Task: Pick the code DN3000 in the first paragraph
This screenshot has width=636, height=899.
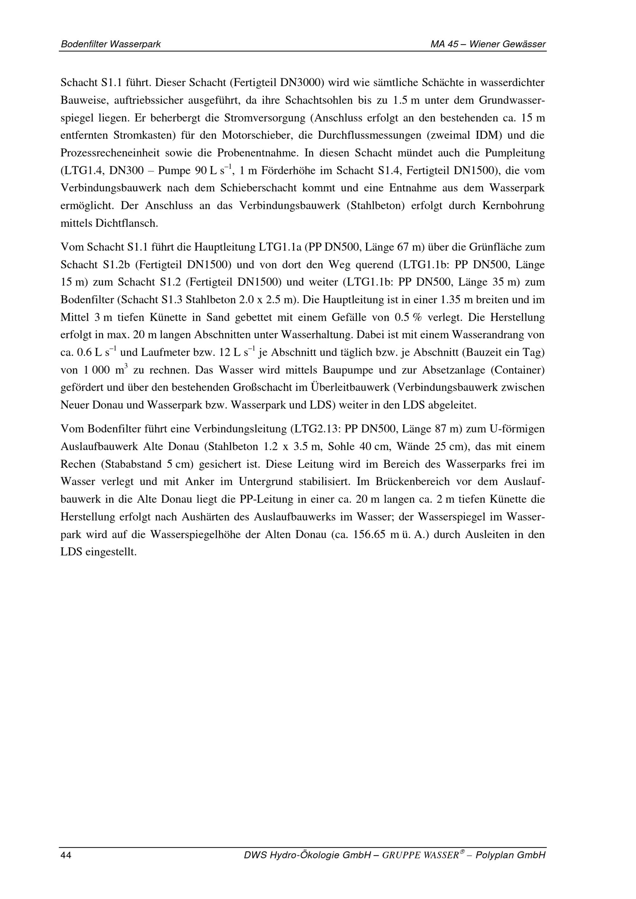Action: (301, 83)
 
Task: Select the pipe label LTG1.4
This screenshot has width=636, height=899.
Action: (82, 171)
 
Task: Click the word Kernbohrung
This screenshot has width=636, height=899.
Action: (513, 206)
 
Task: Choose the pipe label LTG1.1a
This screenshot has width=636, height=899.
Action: (279, 247)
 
